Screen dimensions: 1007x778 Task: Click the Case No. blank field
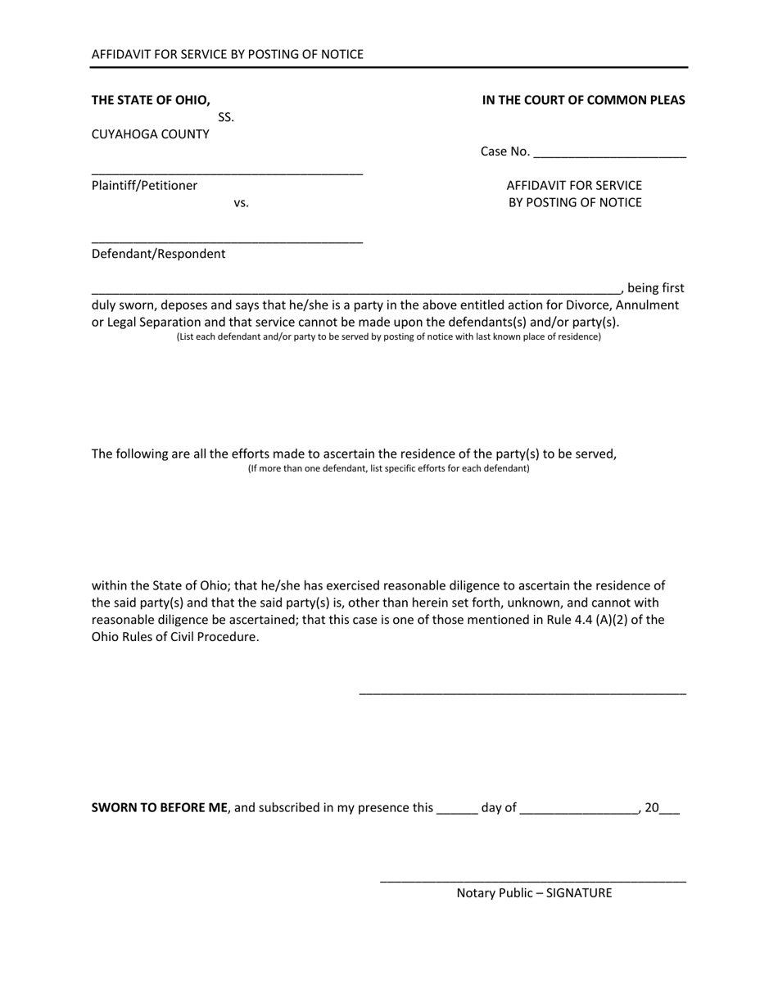click(x=609, y=152)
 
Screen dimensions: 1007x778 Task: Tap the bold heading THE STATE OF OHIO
click(x=151, y=100)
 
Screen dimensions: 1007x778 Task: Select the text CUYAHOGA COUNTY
click(x=151, y=134)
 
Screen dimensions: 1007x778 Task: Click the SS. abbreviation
click(x=226, y=117)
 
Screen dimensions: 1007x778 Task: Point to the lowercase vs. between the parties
click(x=241, y=203)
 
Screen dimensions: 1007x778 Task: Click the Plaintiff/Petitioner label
click(x=144, y=186)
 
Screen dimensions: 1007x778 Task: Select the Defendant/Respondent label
click(x=158, y=254)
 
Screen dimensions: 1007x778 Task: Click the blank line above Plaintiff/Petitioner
click(x=227, y=173)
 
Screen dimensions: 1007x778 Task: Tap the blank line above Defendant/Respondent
click(x=227, y=241)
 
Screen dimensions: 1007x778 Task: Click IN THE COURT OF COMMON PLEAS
click(x=583, y=100)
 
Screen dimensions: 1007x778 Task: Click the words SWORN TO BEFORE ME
click(x=160, y=807)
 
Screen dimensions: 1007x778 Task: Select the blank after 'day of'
click(x=578, y=811)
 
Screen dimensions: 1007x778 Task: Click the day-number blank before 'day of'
click(x=457, y=811)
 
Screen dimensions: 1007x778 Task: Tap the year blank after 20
click(x=669, y=811)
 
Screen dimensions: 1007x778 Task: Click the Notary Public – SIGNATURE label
click(x=534, y=893)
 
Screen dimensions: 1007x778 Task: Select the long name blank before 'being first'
click(x=356, y=291)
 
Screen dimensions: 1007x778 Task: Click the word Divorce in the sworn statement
click(x=588, y=305)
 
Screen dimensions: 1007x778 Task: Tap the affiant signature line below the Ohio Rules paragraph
click(x=522, y=693)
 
